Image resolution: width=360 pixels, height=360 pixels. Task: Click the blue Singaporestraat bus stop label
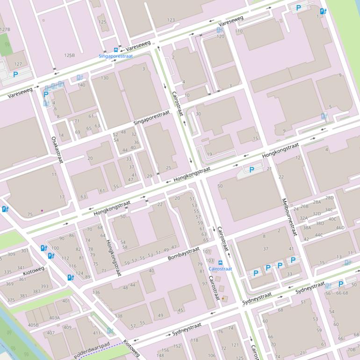(x=115, y=56)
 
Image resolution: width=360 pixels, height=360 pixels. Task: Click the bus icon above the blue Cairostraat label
(x=220, y=262)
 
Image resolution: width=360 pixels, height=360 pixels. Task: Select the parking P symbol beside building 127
(x=15, y=74)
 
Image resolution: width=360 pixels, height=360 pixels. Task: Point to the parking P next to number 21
(x=252, y=170)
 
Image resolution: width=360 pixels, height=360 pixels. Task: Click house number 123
(x=171, y=20)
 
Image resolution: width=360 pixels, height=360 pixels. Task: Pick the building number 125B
(x=69, y=55)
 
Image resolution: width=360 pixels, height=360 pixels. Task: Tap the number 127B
(x=5, y=29)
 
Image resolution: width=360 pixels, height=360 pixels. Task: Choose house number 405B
(x=33, y=325)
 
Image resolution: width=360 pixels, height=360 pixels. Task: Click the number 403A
(x=54, y=318)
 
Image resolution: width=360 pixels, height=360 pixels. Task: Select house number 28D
(x=329, y=198)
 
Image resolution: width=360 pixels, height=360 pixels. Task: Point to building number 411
(x=97, y=333)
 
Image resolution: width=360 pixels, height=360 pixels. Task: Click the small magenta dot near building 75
(x=42, y=210)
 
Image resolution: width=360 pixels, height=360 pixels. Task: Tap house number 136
(x=96, y=293)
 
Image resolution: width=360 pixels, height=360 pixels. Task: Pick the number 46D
(x=340, y=228)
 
